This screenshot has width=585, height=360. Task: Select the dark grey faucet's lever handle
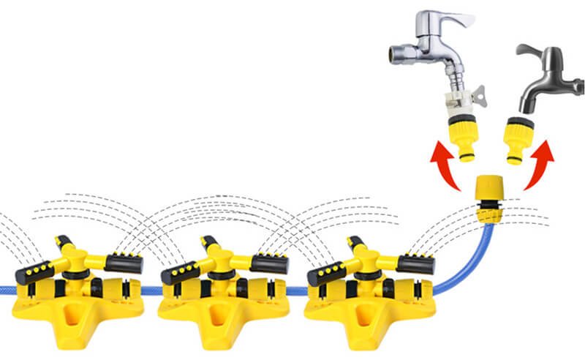click(x=537, y=53)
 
